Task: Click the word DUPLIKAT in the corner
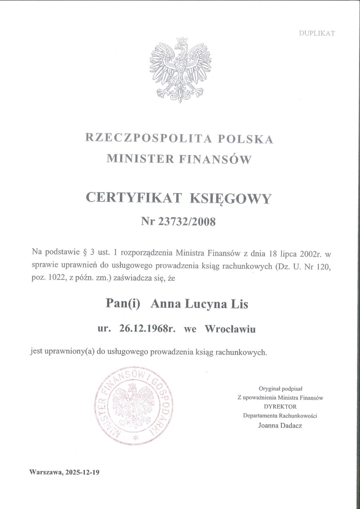click(x=317, y=33)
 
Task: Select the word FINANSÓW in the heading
click(x=215, y=159)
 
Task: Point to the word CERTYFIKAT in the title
click(x=134, y=198)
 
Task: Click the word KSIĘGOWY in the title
click(x=231, y=199)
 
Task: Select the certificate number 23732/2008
click(x=187, y=221)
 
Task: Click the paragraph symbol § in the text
click(x=84, y=253)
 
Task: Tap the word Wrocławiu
click(x=230, y=329)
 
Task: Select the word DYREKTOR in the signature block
click(x=280, y=407)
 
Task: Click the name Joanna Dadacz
click(x=280, y=425)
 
